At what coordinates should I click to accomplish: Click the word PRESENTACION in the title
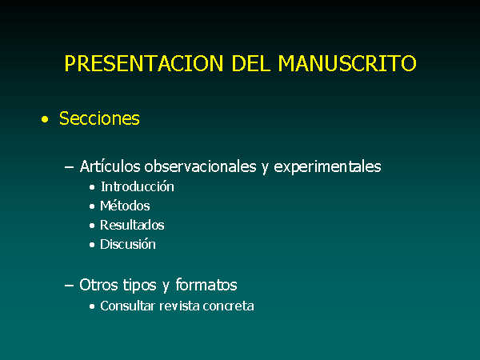pos(144,63)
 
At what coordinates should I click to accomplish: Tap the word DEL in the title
pos(251,63)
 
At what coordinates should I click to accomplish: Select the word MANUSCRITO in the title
pos(347,63)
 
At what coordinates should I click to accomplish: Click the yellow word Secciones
pos(99,118)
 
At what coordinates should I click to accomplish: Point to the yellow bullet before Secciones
pos(45,119)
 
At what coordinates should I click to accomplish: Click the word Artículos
pos(110,166)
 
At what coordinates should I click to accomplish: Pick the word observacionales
pos(200,166)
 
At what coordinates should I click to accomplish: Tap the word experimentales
pos(327,167)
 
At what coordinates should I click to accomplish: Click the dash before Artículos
pos(69,167)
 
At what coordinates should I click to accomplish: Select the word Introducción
pos(138,186)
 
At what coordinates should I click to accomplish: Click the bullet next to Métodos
pos(92,206)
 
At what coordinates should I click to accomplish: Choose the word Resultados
pos(132,226)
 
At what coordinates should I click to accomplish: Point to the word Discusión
pos(128,244)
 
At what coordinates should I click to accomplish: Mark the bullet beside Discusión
pos(92,245)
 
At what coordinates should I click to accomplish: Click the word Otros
pos(99,285)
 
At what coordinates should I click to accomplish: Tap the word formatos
pos(206,285)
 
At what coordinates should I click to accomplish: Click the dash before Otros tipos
pos(69,286)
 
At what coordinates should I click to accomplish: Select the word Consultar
pos(127,306)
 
